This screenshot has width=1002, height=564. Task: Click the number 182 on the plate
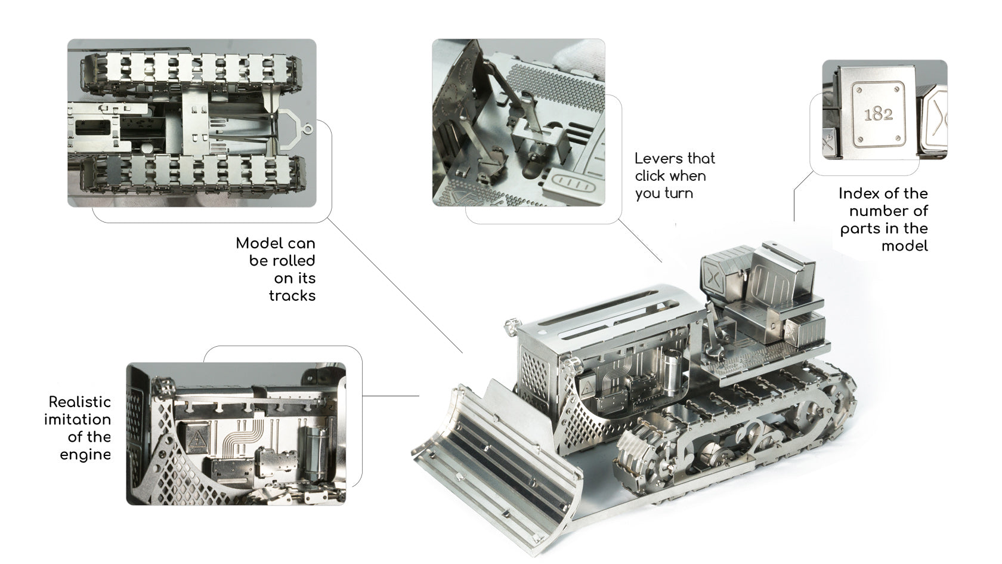tap(878, 114)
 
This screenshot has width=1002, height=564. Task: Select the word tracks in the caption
tap(292, 296)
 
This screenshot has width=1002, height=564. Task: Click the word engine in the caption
tap(85, 455)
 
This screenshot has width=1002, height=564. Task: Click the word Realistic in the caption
tap(80, 402)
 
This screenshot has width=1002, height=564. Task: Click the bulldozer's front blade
tap(492, 466)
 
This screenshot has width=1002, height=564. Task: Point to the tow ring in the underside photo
tap(307, 130)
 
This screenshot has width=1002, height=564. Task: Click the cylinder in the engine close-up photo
tap(316, 452)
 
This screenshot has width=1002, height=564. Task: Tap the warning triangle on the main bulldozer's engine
tap(587, 388)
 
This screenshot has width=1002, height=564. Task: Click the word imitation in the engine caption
tap(78, 420)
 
